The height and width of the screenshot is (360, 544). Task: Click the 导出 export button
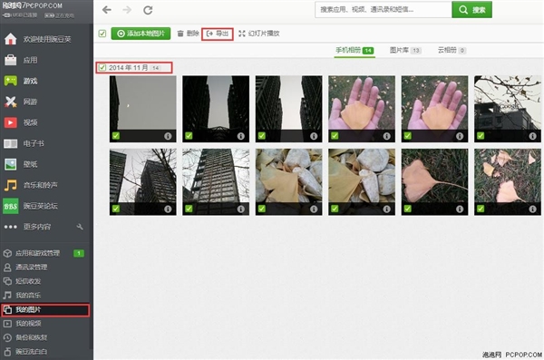click(x=217, y=34)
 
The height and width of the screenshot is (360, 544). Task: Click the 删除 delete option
click(x=188, y=34)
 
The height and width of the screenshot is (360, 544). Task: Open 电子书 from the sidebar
click(x=34, y=142)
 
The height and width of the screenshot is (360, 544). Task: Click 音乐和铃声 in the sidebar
click(x=40, y=184)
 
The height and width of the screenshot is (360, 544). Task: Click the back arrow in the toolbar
click(x=107, y=10)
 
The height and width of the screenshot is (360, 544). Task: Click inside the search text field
click(x=381, y=9)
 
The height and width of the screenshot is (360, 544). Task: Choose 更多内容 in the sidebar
click(x=36, y=225)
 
